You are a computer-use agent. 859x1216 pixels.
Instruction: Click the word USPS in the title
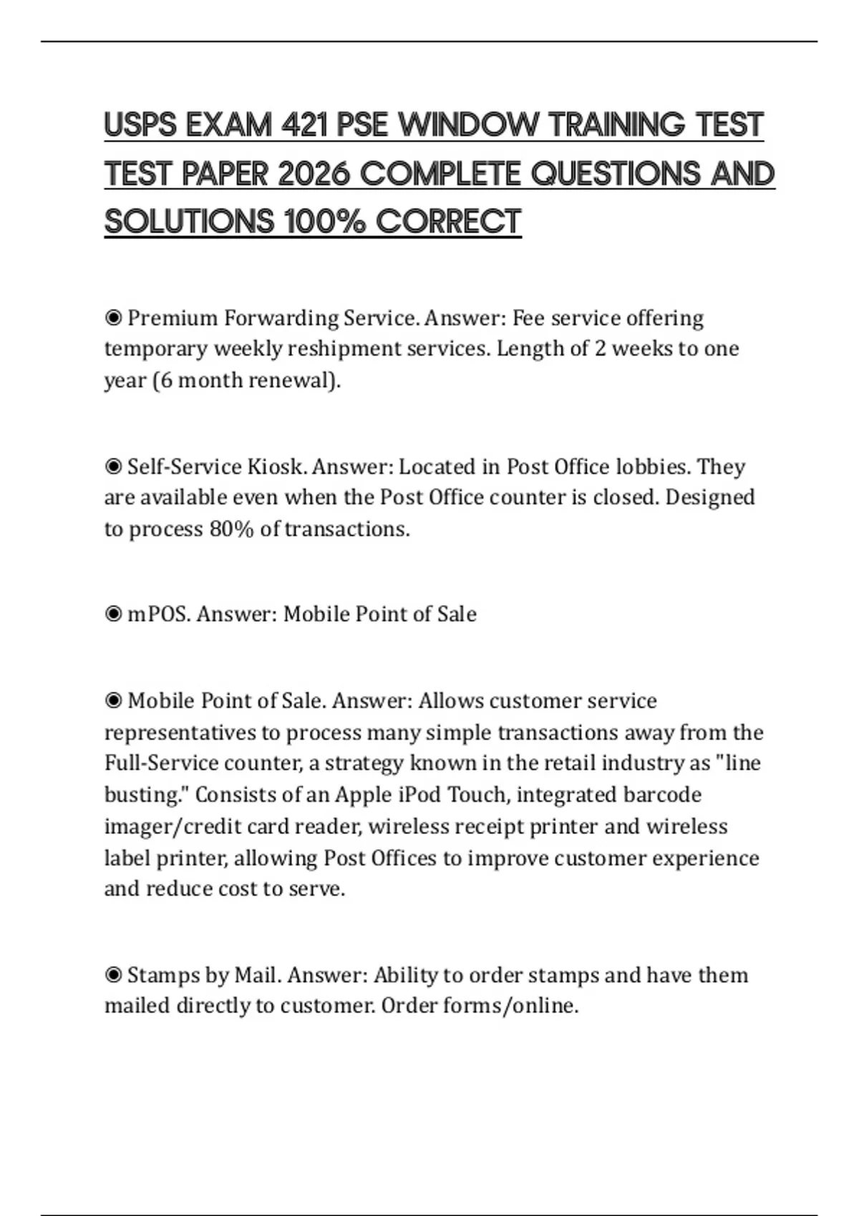pyautogui.click(x=140, y=125)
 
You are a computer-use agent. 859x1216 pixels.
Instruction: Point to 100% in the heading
pyautogui.click(x=325, y=221)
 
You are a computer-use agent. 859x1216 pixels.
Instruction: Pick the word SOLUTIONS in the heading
pyautogui.click(x=189, y=221)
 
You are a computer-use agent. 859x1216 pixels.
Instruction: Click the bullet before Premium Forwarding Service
pyautogui.click(x=113, y=317)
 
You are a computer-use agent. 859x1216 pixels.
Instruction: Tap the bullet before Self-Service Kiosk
pyautogui.click(x=113, y=466)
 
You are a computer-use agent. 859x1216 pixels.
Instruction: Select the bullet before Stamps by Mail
pyautogui.click(x=113, y=975)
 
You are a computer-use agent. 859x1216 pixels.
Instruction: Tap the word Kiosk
pyautogui.click(x=277, y=466)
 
